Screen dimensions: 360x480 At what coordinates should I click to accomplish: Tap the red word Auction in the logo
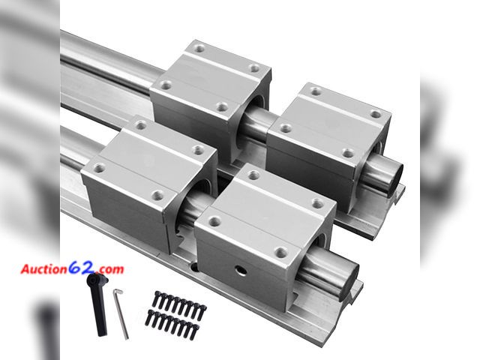tap(44, 268)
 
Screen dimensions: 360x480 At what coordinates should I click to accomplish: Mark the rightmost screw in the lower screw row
tap(196, 330)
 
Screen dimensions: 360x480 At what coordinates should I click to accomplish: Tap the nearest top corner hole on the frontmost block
tap(280, 253)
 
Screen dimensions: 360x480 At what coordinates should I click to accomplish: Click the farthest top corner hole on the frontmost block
tap(253, 175)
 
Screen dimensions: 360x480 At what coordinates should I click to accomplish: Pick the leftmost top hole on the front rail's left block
tap(98, 169)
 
